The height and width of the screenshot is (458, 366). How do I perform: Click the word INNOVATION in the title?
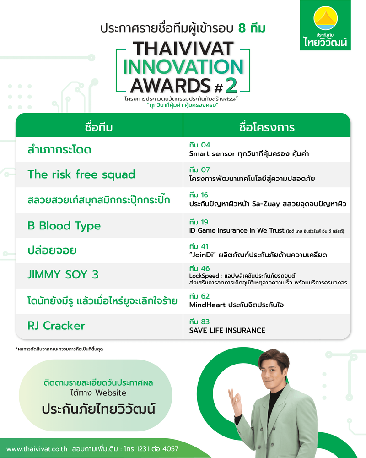pyautogui.click(x=183, y=67)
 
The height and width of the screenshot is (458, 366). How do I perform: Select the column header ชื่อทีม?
pyautogui.click(x=99, y=126)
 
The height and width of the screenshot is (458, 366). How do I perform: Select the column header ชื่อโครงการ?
pyautogui.click(x=267, y=127)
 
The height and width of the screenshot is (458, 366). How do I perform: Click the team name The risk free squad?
pyautogui.click(x=81, y=174)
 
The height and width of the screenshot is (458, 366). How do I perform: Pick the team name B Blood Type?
pyautogui.click(x=64, y=226)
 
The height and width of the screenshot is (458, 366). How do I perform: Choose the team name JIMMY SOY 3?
pyautogui.click(x=63, y=275)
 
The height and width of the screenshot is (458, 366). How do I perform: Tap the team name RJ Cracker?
pyautogui.click(x=56, y=326)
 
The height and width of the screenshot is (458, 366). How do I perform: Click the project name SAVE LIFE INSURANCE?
pyautogui.click(x=227, y=330)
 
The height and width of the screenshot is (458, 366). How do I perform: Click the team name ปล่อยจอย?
pyautogui.click(x=52, y=251)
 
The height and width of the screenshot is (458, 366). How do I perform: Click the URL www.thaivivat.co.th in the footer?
pyautogui.click(x=38, y=449)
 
